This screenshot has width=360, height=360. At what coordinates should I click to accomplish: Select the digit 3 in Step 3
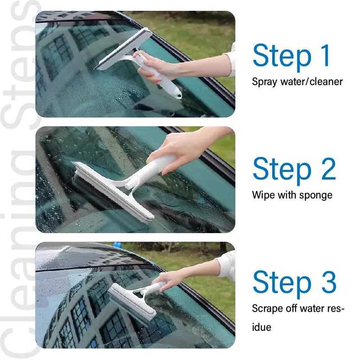(329, 282)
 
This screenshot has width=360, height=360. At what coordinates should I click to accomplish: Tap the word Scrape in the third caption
(267, 309)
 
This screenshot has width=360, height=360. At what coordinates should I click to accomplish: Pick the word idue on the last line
(261, 327)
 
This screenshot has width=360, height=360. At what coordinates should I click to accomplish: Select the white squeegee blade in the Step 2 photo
(113, 190)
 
